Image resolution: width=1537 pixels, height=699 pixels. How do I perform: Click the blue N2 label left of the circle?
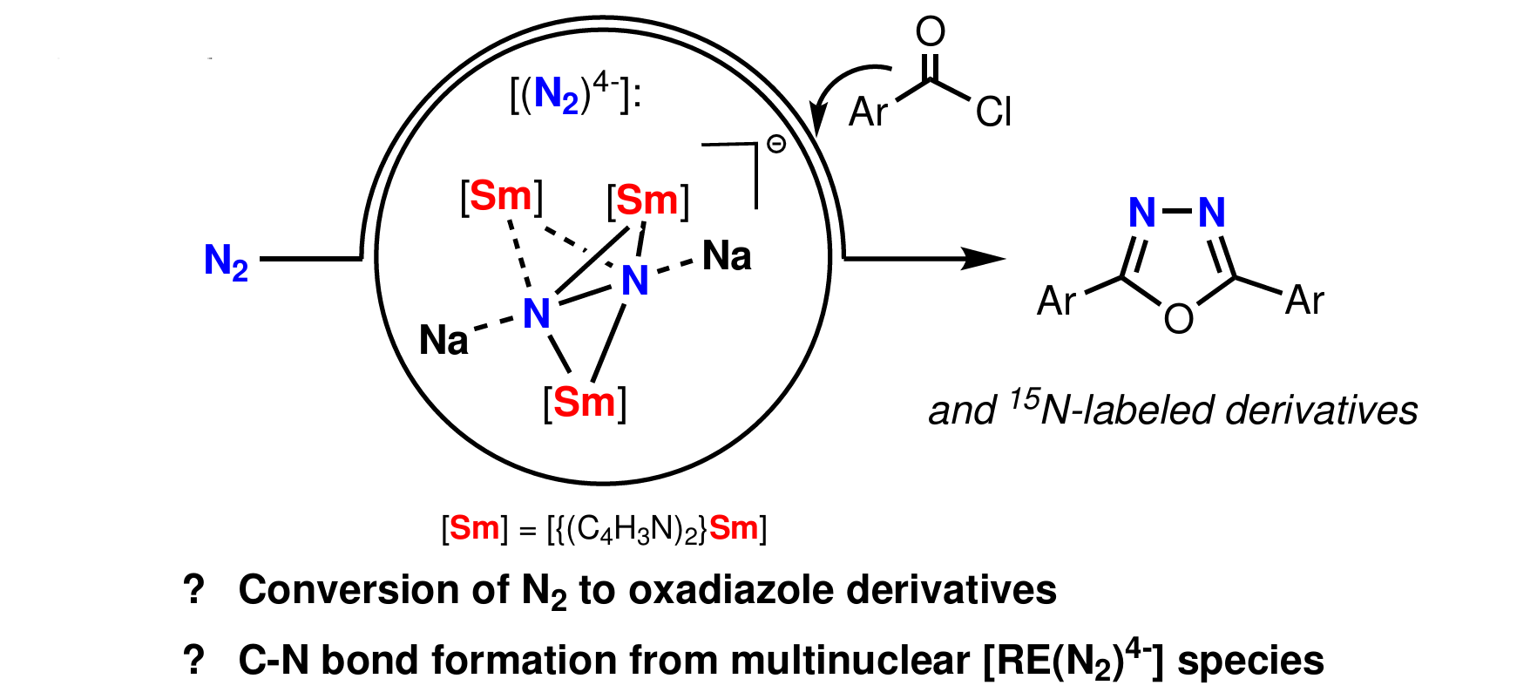tap(225, 261)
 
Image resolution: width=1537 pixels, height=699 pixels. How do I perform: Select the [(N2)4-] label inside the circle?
tap(574, 96)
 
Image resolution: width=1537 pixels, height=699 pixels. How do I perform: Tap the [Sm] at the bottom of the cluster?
tap(585, 403)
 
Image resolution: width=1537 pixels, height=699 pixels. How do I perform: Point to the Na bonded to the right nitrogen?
tap(727, 256)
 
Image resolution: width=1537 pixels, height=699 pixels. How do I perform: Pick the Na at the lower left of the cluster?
tap(443, 340)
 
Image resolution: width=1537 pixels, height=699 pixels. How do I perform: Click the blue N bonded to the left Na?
tap(537, 314)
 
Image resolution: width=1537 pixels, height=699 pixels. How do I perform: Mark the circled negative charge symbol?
tap(775, 145)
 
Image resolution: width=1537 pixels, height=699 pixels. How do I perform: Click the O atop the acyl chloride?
tap(931, 32)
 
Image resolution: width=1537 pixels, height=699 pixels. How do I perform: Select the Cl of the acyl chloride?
tap(993, 112)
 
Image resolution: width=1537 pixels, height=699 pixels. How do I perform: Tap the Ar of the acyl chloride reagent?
tap(868, 112)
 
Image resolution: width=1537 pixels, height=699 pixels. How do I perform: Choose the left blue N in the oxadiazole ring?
tap(1141, 212)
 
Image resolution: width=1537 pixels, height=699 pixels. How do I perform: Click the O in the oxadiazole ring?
tap(1178, 319)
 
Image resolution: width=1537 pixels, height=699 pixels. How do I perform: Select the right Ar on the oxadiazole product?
tap(1304, 301)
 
